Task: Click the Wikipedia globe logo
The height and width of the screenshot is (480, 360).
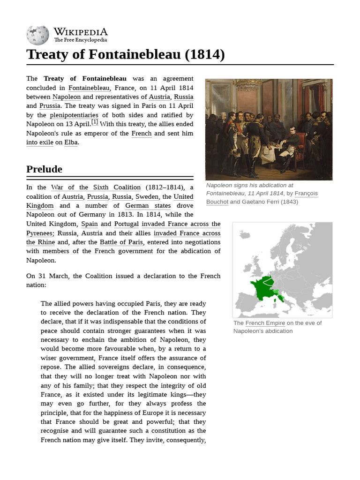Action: coord(37,35)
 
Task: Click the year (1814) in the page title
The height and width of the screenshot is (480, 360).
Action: coord(204,54)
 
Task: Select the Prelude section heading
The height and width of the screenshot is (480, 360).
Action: coord(44,169)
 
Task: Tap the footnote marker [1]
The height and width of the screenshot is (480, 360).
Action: coord(95,122)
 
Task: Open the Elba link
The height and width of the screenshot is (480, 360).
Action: coord(71,142)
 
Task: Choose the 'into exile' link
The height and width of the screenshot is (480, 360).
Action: coord(39,142)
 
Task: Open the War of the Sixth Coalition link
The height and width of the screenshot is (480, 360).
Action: coord(96,187)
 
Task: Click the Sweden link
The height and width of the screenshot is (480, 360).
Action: coord(147,197)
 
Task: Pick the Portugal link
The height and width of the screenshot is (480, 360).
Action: coord(126,224)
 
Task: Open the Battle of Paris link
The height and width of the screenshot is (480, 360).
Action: coord(121,242)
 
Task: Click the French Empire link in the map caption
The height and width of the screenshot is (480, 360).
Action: coord(265,323)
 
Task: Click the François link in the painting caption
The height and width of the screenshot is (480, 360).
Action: coord(306,193)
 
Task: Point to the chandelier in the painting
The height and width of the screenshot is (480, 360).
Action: coord(247,85)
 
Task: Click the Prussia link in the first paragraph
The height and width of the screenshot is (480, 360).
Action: coord(50,106)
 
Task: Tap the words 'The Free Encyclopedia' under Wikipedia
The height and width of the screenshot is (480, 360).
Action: coord(80,40)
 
